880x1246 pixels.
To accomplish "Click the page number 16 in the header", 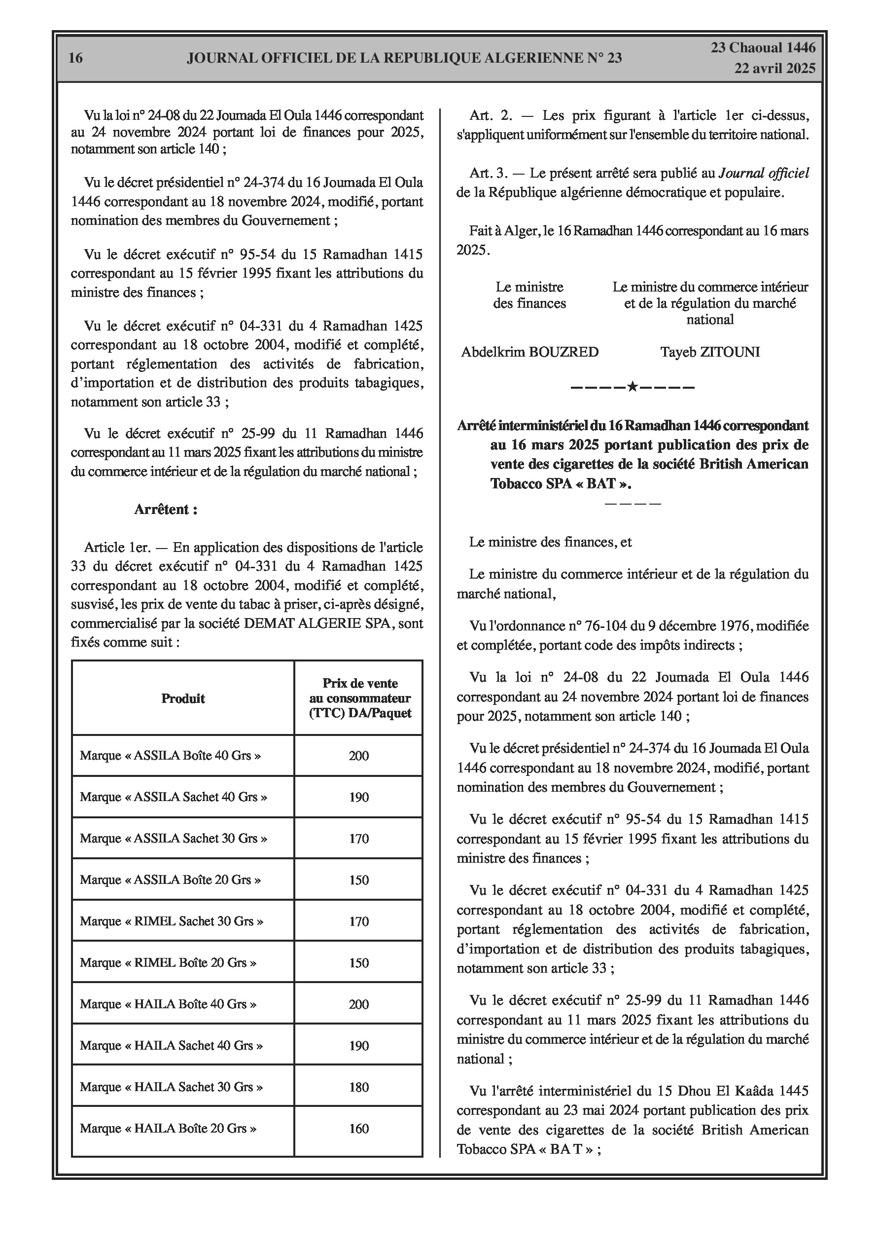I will (x=75, y=58).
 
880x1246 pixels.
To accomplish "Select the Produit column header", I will (x=183, y=698).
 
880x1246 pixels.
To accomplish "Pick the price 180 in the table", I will (x=358, y=1087).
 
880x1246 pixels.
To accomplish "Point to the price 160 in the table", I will (x=358, y=1128).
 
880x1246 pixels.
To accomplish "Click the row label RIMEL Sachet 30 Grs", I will (x=172, y=921).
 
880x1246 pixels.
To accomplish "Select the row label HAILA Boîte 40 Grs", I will (x=168, y=1004).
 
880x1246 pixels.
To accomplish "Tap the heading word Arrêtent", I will (x=166, y=510).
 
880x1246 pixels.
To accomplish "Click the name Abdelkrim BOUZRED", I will (x=529, y=352).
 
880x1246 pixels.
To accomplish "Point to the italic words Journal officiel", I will (x=763, y=173).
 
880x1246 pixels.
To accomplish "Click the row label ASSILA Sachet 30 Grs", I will (x=173, y=839).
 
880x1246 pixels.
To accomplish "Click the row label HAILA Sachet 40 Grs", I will (x=171, y=1046).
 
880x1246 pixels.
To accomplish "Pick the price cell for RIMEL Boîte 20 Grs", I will (x=358, y=963).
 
